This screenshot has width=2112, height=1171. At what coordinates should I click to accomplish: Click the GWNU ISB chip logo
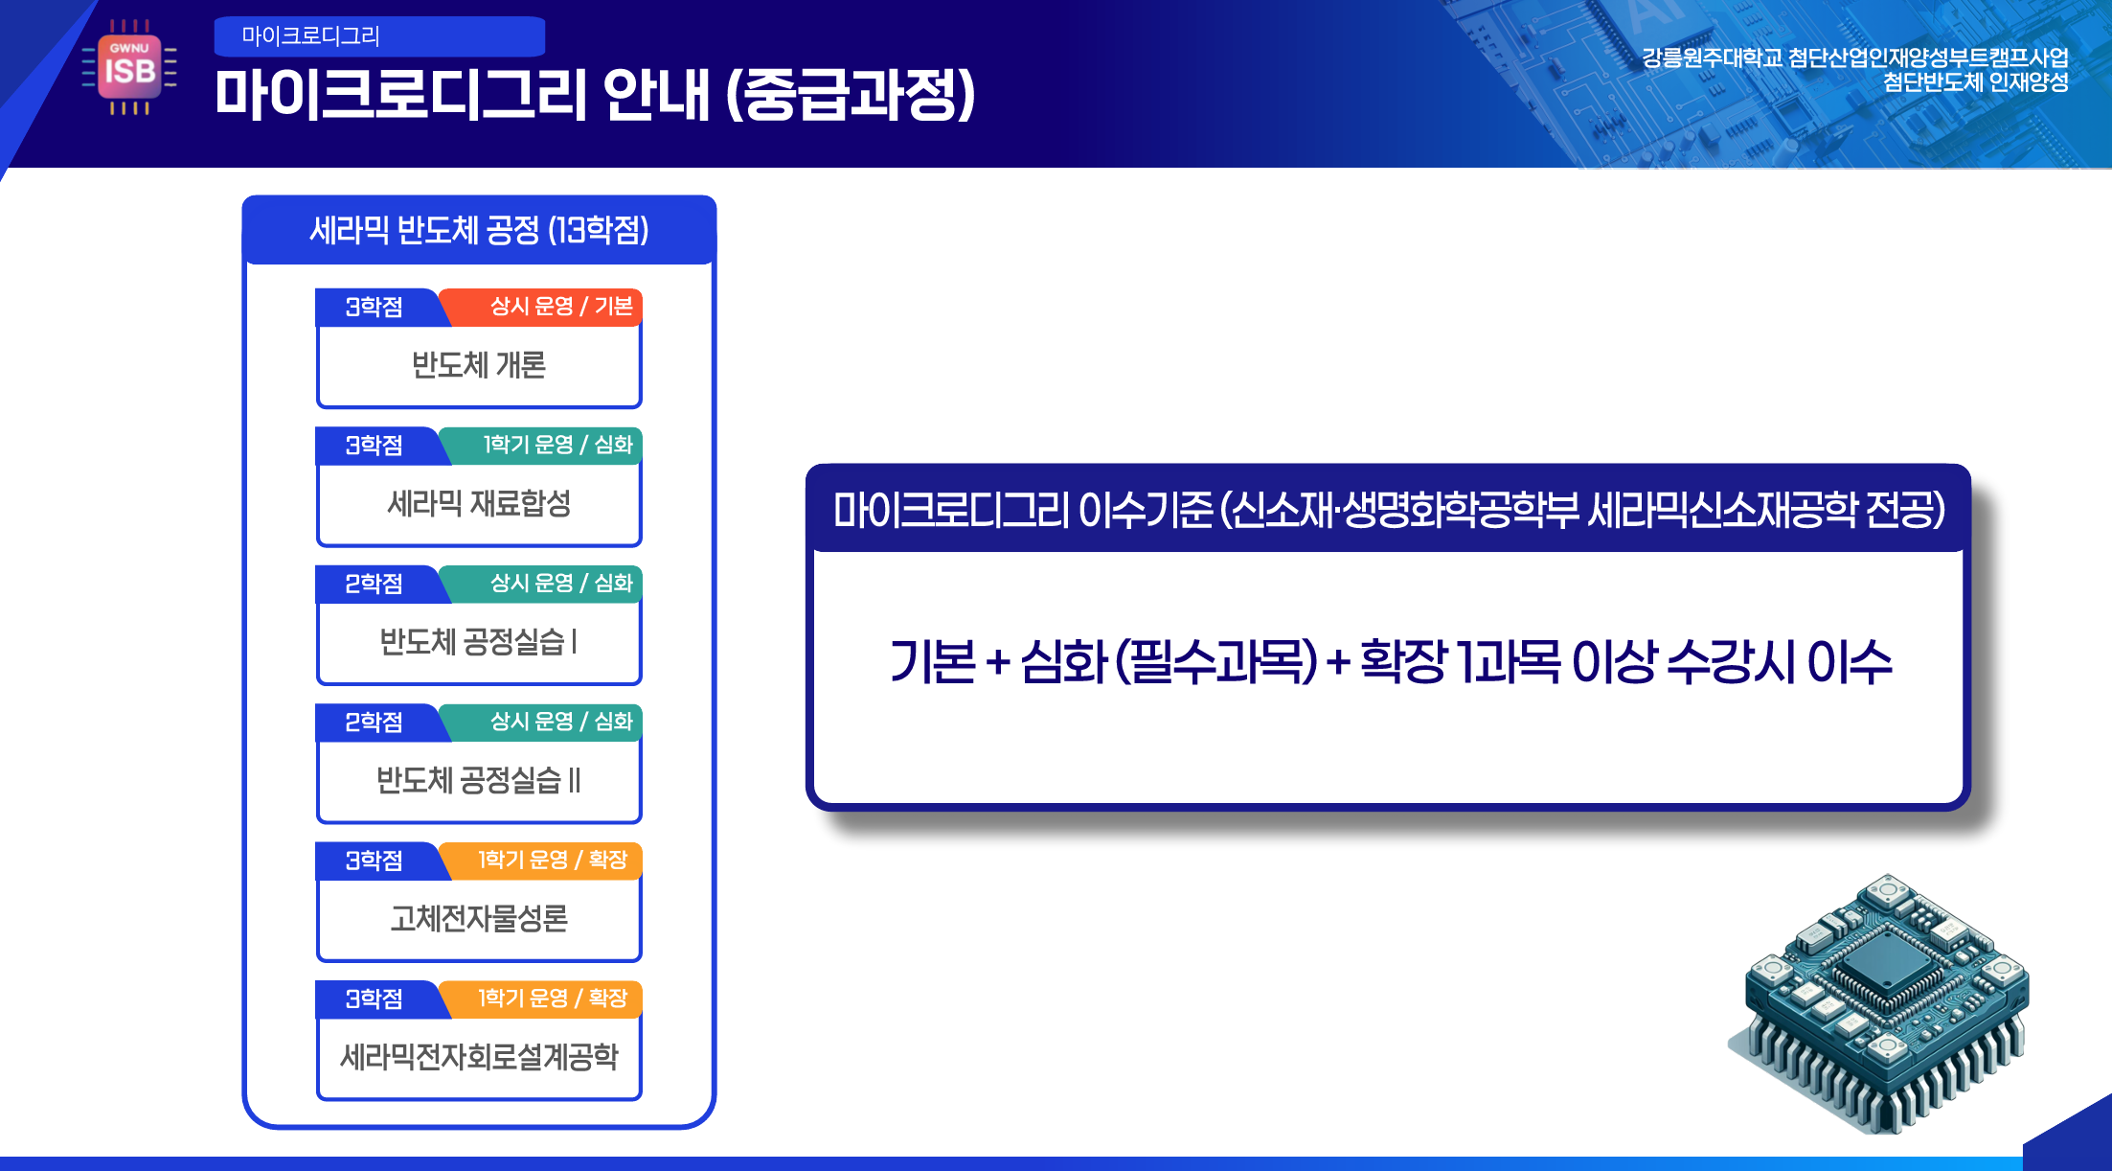pos(129,67)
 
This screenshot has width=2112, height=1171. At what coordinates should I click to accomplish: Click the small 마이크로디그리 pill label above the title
pos(379,36)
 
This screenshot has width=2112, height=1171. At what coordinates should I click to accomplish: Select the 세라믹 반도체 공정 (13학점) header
pos(479,230)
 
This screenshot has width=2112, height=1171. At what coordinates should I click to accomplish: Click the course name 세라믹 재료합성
pos(479,503)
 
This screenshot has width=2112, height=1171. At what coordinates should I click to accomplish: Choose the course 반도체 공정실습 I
pos(479,641)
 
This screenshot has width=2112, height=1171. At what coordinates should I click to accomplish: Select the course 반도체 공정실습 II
pos(479,780)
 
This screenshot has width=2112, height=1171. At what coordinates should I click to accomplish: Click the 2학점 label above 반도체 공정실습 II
pos(375,723)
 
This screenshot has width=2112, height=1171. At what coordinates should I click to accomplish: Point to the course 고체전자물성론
pos(479,918)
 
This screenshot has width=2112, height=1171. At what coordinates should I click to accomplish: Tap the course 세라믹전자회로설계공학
pos(479,1057)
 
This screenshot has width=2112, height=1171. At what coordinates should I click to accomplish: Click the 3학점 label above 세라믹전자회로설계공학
pos(375,999)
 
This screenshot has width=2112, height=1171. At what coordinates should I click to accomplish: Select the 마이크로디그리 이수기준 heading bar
pos(1388,509)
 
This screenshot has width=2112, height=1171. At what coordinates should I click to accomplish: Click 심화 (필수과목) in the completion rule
pos(1170,662)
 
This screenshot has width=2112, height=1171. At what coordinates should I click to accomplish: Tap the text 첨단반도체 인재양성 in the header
pos(1975,82)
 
